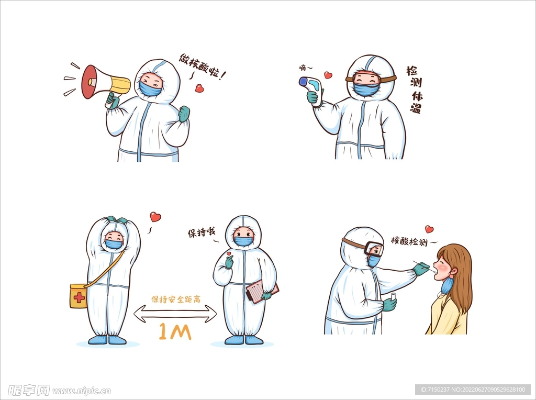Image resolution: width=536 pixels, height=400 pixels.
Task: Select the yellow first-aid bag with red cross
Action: click(79, 296)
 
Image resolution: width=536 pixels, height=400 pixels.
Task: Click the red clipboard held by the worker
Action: click(262, 292)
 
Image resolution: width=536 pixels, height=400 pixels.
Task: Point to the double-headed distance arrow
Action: click(175, 314)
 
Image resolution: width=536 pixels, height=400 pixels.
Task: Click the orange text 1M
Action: click(175, 332)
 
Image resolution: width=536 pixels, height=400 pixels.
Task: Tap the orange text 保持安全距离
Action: click(176, 299)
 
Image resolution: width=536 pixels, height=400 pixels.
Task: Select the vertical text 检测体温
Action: click(415, 90)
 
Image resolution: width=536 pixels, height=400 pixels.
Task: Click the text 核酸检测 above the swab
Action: click(409, 241)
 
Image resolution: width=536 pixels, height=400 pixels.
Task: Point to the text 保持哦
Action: click(202, 233)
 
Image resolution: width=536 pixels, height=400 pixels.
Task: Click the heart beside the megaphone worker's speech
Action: click(199, 88)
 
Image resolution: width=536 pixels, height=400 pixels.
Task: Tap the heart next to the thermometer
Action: click(328, 75)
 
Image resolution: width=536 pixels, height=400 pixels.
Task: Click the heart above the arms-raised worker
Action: click(155, 217)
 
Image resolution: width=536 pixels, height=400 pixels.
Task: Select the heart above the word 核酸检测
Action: click(429, 229)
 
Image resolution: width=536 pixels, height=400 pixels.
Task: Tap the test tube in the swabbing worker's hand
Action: click(394, 297)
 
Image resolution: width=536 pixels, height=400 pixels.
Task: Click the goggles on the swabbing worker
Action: click(374, 249)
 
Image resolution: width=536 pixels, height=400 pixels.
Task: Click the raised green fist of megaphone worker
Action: click(184, 114)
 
